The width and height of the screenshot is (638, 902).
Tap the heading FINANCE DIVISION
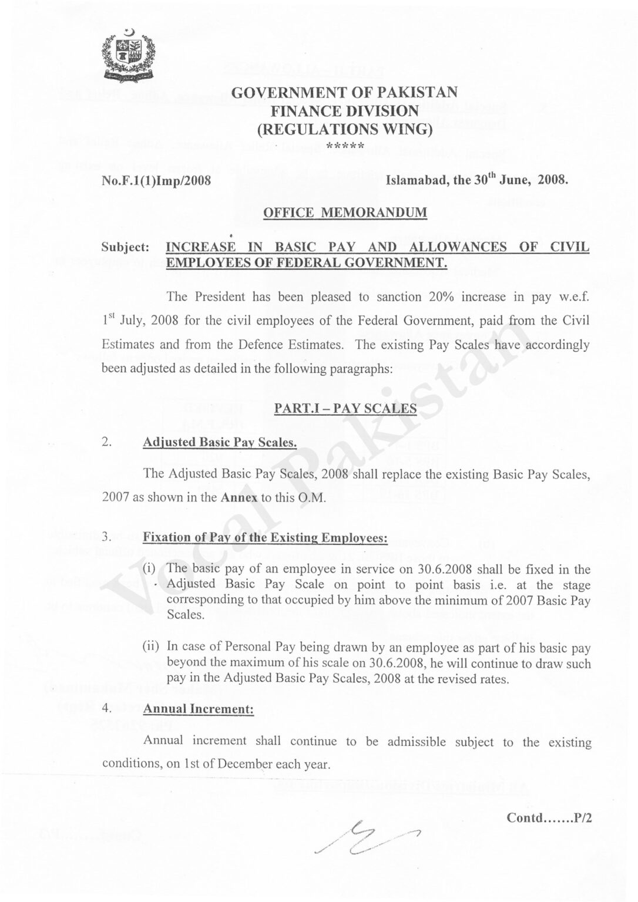click(344, 110)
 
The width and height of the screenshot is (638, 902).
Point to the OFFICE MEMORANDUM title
click(345, 213)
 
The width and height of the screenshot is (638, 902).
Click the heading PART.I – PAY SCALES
click(345, 409)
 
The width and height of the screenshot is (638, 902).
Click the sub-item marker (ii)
click(152, 647)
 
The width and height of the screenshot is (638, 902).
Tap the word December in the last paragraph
click(242, 765)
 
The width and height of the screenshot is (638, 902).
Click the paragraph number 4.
click(106, 708)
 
